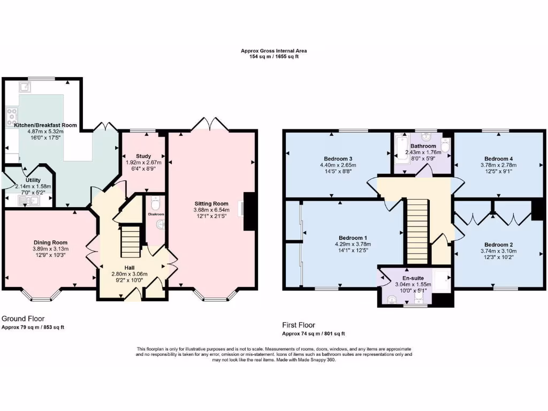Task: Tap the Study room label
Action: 143,156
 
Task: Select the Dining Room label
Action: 49,242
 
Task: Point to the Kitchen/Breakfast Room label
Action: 45,125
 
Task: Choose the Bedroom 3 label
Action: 338,158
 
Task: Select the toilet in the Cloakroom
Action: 155,204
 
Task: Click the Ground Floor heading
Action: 22,318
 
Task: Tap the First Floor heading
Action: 299,325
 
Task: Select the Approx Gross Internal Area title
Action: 273,51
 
